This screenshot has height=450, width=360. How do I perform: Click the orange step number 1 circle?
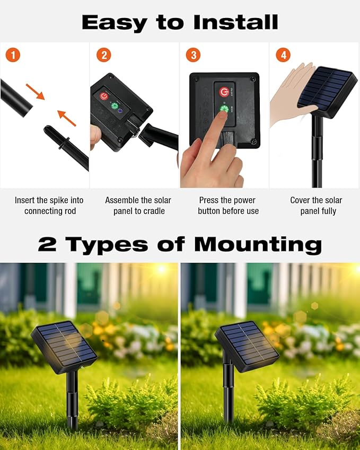(x=13, y=55)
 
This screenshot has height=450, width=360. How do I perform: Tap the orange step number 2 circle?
(x=103, y=55)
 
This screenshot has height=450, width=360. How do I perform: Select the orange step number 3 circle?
(x=194, y=55)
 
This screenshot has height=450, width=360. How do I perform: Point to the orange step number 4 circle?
(x=284, y=55)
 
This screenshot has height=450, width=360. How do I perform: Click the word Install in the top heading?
(x=235, y=22)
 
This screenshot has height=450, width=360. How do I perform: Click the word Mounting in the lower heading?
(x=258, y=245)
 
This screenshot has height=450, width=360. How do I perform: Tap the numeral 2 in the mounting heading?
(x=47, y=245)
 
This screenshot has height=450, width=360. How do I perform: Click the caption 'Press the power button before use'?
(x=228, y=206)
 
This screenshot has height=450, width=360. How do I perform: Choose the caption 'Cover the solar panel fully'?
(x=316, y=206)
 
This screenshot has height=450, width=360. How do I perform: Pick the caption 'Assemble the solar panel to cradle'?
(x=138, y=206)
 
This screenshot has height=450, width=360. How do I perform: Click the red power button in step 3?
(x=224, y=92)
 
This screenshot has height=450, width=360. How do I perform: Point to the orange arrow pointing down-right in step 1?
(x=35, y=92)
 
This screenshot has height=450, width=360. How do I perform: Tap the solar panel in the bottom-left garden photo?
(x=64, y=347)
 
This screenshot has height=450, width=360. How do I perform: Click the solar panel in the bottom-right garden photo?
(x=247, y=346)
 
